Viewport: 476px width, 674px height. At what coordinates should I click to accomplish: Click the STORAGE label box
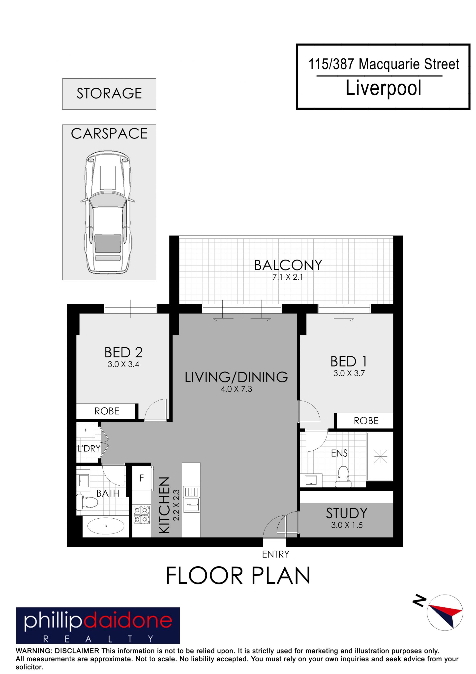coord(109,94)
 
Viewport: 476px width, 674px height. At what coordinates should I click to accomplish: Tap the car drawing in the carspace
coord(108,212)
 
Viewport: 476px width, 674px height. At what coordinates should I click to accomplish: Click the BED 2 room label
coord(123,352)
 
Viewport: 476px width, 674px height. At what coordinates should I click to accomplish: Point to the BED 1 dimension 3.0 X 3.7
coord(349,373)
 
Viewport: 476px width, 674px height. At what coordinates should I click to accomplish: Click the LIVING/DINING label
coord(236,377)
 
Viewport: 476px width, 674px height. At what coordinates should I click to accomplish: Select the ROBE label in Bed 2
coord(107,411)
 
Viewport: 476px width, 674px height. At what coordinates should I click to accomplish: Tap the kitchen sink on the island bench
coord(191,504)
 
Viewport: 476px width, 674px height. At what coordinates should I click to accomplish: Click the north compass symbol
coord(445,613)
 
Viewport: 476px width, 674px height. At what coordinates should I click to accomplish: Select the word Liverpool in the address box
coord(384,88)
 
